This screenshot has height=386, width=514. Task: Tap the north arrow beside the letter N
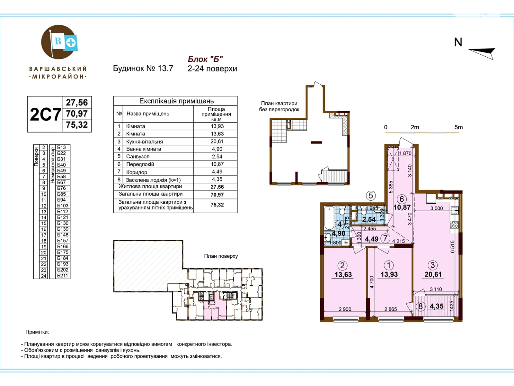click(482, 54)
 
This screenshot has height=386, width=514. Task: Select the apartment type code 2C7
click(45, 115)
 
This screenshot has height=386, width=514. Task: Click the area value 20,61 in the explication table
click(217, 141)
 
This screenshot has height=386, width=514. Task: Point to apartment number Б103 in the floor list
click(63, 206)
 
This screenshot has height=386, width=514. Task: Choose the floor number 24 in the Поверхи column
click(44, 276)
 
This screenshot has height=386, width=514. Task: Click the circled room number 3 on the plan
click(432, 265)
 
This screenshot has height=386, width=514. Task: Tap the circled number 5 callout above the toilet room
click(371, 196)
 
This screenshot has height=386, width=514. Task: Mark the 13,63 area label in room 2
click(343, 274)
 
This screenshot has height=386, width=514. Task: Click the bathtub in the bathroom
click(329, 218)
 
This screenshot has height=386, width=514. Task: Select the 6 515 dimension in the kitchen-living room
click(452, 246)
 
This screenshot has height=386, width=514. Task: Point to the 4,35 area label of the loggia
click(437, 306)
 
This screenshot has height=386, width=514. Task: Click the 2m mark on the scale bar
click(415, 127)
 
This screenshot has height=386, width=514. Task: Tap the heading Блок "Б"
click(205, 59)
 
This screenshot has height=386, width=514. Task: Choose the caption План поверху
click(221, 256)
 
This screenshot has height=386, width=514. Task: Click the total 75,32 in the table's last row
click(217, 205)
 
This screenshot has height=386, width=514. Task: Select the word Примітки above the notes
click(37, 332)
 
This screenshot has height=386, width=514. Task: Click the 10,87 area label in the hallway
click(402, 207)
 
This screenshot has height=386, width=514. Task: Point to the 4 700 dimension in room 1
click(372, 282)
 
